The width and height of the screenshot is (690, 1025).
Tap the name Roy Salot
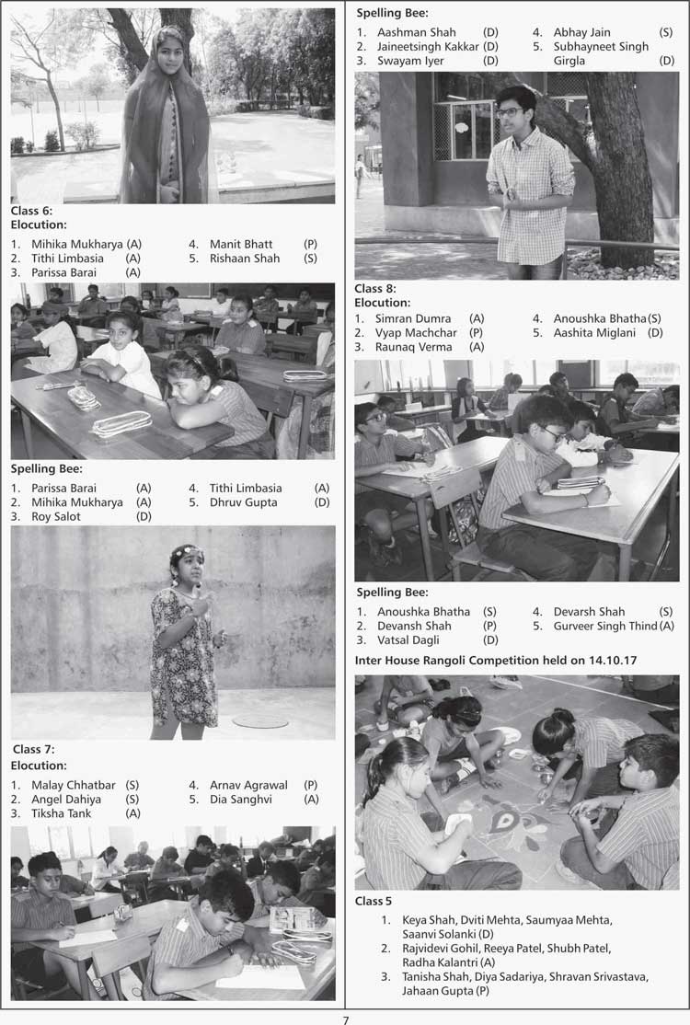point(56,517)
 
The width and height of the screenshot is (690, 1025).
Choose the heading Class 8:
point(375,288)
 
